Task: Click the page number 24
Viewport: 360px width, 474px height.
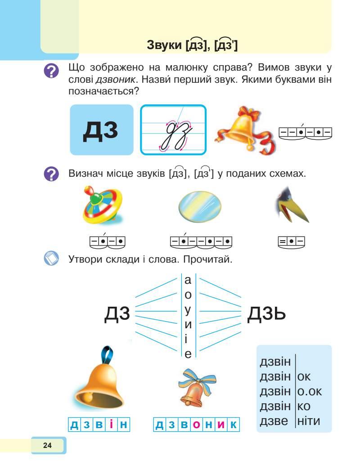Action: (x=47, y=446)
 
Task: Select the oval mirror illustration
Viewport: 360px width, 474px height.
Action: (x=199, y=208)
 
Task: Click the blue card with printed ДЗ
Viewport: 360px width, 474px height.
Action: (x=102, y=130)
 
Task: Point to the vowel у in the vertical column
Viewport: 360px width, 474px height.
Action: (x=188, y=310)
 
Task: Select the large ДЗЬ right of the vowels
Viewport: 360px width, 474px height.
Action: (x=266, y=313)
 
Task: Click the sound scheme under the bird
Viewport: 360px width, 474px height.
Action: (x=291, y=242)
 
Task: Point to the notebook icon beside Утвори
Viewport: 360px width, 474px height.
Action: (x=52, y=259)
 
